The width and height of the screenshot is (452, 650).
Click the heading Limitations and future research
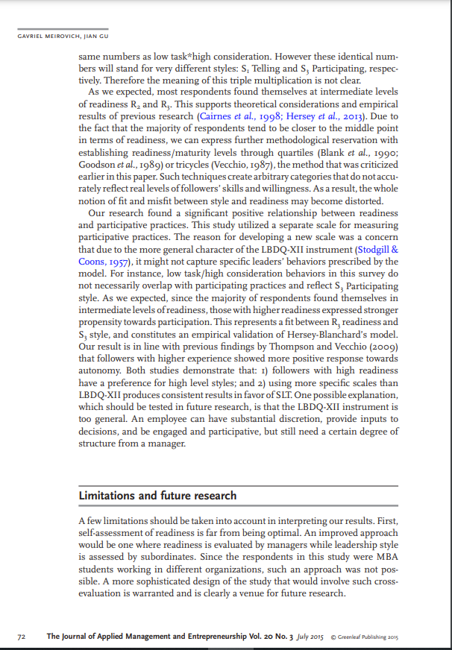pos(157,496)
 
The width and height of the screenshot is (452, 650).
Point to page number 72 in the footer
pos(22,637)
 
